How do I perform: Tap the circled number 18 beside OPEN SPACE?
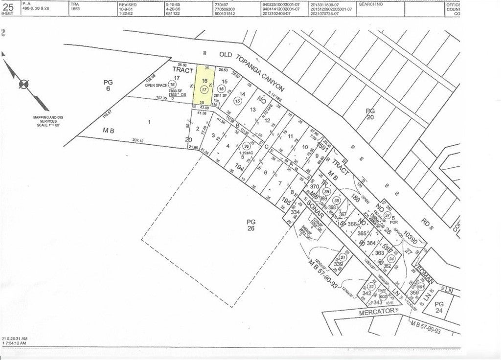[172, 85]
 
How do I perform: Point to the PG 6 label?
[108, 86]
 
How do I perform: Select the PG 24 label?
[439, 306]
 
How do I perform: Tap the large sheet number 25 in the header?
[8, 7]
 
